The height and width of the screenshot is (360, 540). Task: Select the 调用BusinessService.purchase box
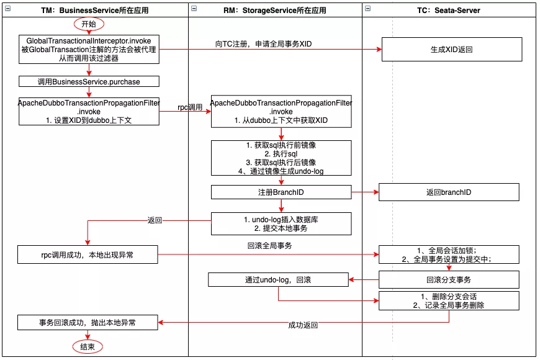pyautogui.click(x=89, y=81)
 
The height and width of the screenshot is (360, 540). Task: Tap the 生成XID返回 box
pyautogui.click(x=451, y=49)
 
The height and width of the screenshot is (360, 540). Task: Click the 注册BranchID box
pyautogui.click(x=281, y=192)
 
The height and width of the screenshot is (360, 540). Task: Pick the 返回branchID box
pyautogui.click(x=449, y=192)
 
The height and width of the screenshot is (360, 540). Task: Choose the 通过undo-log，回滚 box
pyautogui.click(x=278, y=280)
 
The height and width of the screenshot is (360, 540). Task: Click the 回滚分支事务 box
pyautogui.click(x=449, y=280)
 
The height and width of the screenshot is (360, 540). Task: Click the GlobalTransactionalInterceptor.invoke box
pyautogui.click(x=89, y=50)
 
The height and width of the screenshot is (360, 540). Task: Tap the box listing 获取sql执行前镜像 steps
pyautogui.click(x=281, y=158)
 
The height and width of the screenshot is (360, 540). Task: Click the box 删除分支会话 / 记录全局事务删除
pyautogui.click(x=449, y=300)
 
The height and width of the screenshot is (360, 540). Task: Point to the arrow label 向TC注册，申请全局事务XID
pyautogui.click(x=263, y=44)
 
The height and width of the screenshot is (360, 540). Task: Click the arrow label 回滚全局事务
pyautogui.click(x=269, y=245)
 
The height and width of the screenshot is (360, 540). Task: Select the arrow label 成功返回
pyautogui.click(x=303, y=325)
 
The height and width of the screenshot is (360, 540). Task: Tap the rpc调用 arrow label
pyautogui.click(x=191, y=107)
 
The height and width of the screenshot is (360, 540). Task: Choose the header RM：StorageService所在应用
pyautogui.click(x=275, y=9)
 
